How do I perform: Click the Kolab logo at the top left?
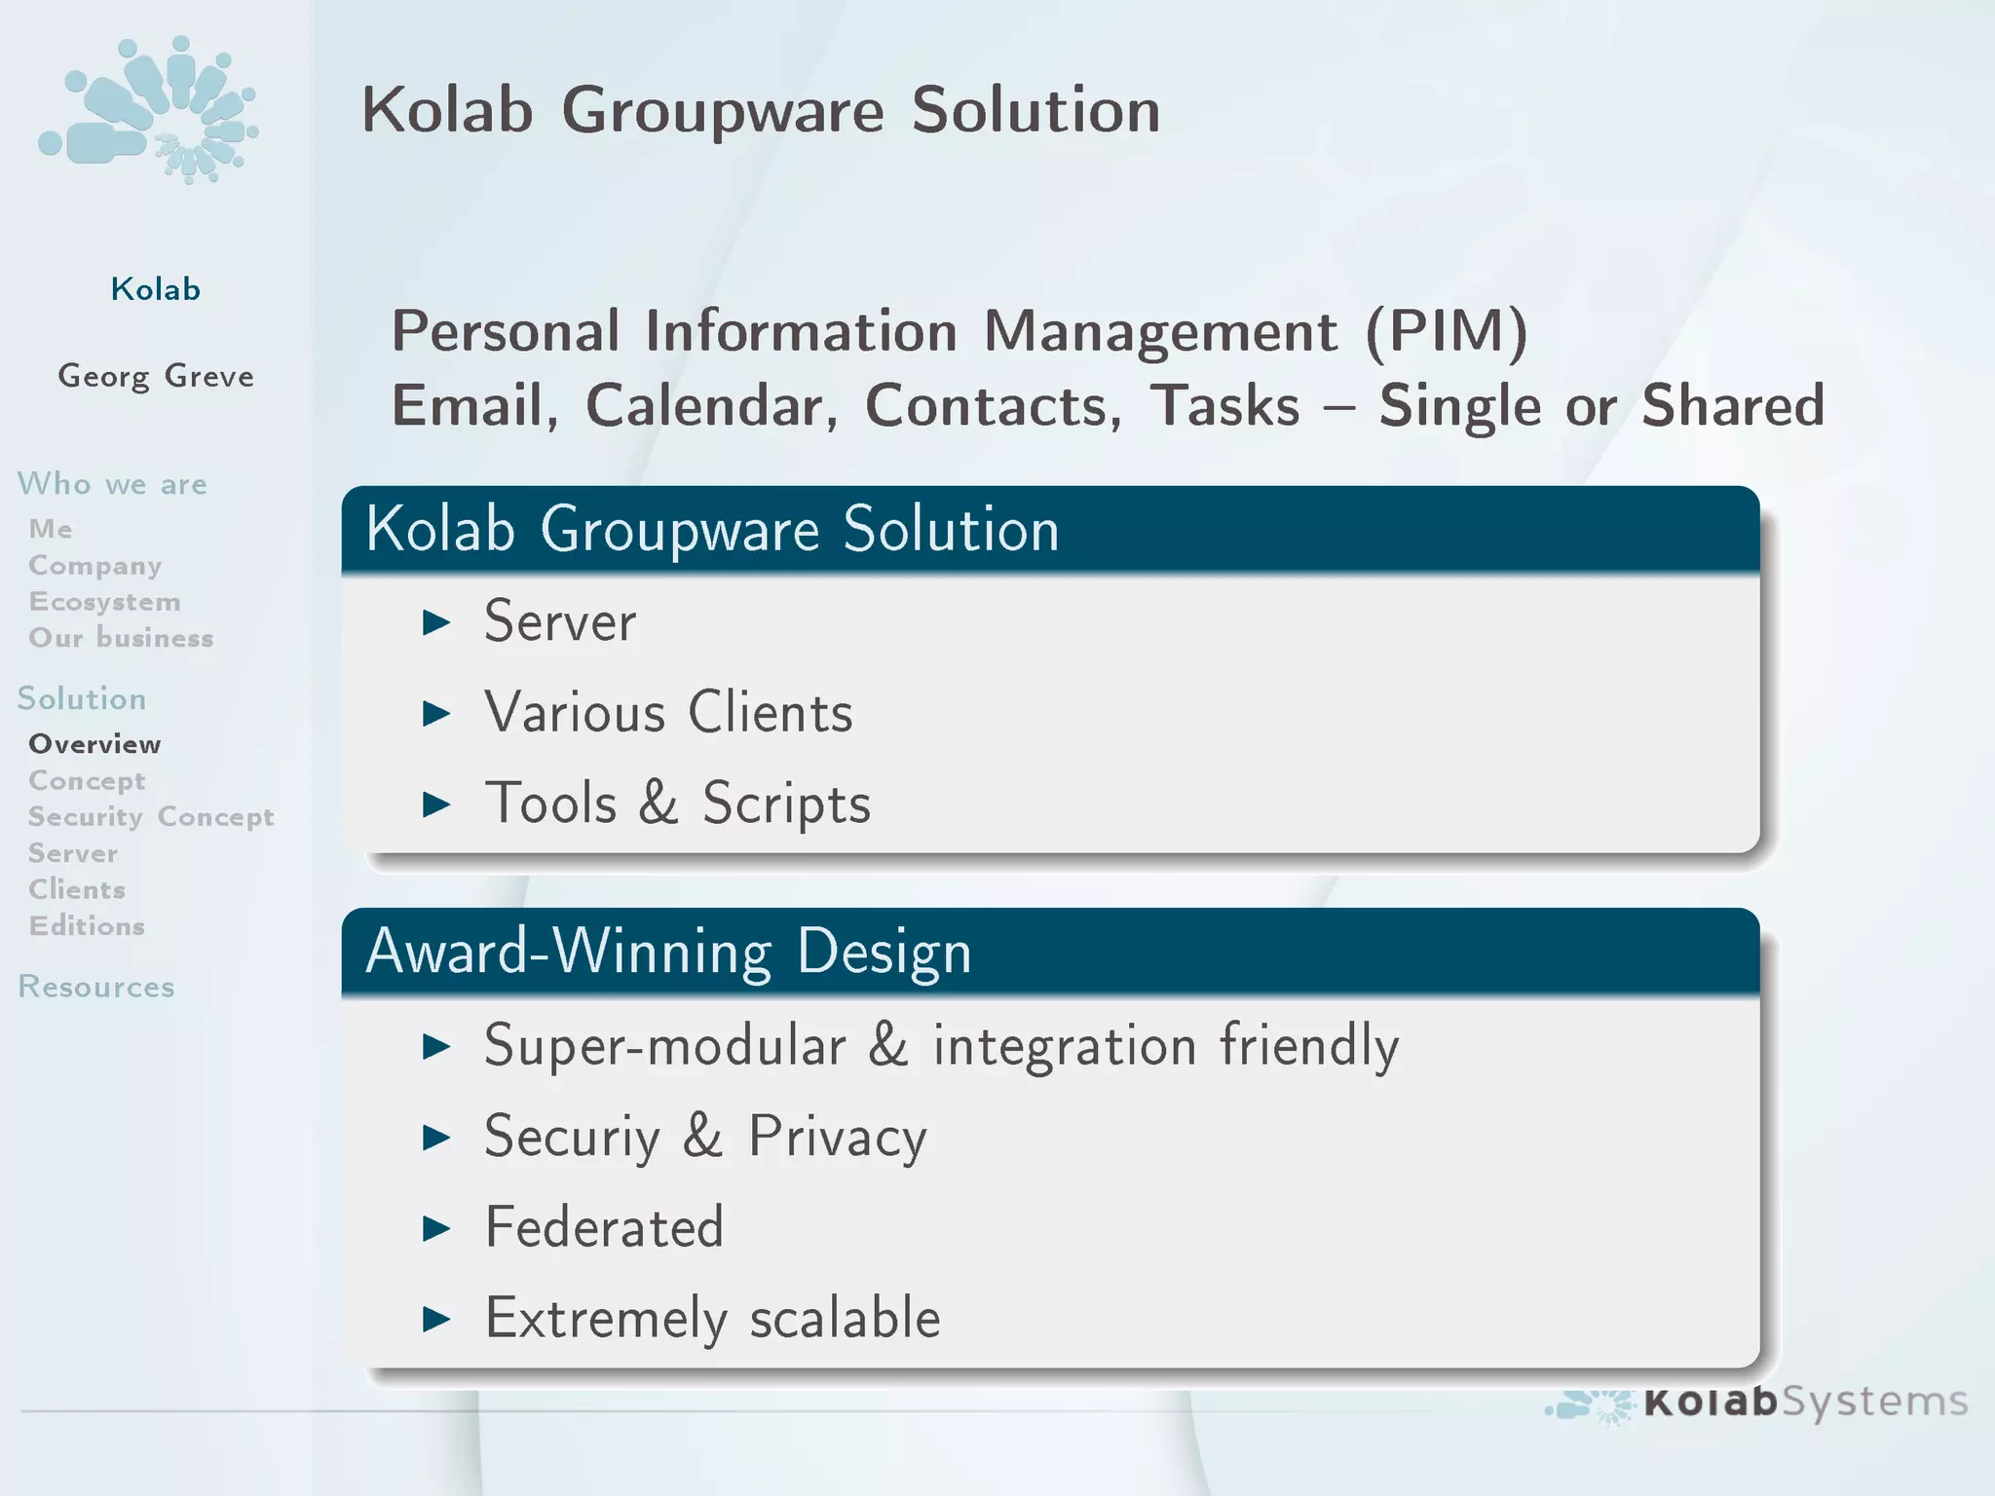(148, 109)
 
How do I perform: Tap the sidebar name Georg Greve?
(156, 376)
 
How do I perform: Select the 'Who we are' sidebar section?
(112, 484)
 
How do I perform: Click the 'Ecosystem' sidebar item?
(104, 602)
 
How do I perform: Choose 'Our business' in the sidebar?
(121, 638)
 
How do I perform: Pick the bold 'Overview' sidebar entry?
(94, 744)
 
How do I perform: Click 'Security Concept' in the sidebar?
(151, 817)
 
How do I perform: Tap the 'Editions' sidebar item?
(87, 926)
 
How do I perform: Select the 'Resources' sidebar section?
(96, 987)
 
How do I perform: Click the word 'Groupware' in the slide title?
(722, 111)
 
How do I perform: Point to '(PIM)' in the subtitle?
(1446, 331)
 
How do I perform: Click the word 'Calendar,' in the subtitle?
(711, 406)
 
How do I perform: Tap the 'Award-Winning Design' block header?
(668, 952)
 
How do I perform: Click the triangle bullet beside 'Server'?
(436, 622)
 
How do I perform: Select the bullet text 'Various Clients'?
(668, 712)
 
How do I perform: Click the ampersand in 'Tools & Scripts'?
(659, 804)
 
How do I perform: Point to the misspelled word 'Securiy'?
(572, 1137)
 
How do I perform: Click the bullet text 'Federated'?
(604, 1227)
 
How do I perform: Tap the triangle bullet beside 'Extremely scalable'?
(436, 1320)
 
